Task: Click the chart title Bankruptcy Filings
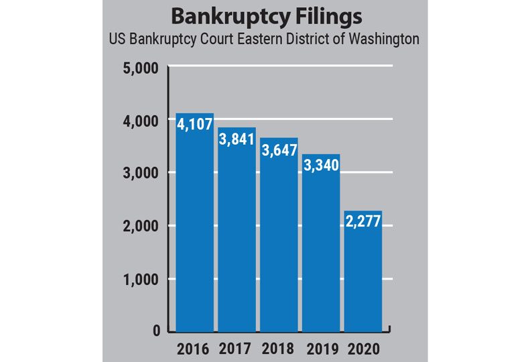click(264, 15)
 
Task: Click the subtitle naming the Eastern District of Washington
click(264, 39)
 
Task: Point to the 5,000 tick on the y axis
click(140, 68)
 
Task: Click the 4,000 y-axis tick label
click(140, 121)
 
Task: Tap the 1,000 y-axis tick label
click(140, 279)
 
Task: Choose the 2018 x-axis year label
click(279, 349)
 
